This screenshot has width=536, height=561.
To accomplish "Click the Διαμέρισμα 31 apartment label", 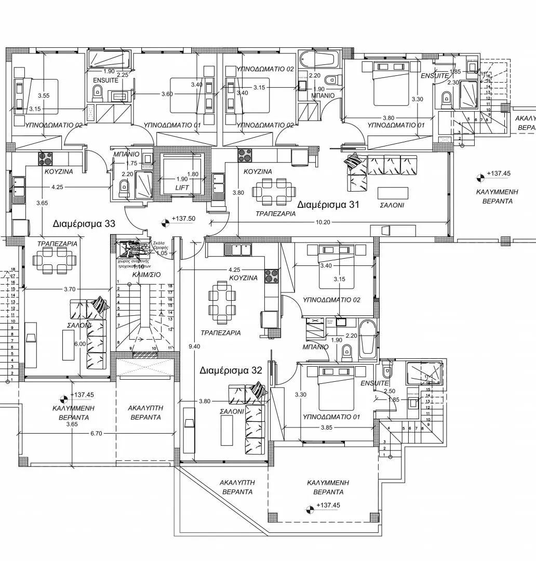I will point(328,205).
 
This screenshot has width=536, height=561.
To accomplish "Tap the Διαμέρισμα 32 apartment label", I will point(231,370).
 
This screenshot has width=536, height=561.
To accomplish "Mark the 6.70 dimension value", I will point(97,433).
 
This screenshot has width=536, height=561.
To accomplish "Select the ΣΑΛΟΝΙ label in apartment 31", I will point(392,205).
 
